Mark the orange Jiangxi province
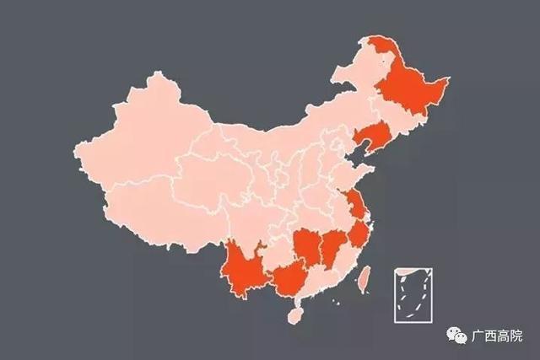(333, 244)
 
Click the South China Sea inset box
(414, 296)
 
